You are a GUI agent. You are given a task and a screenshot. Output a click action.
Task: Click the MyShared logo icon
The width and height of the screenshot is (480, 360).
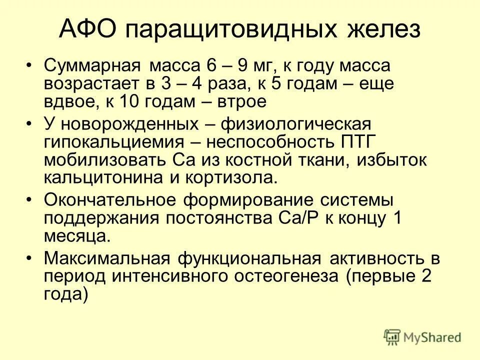(x=393, y=337)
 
